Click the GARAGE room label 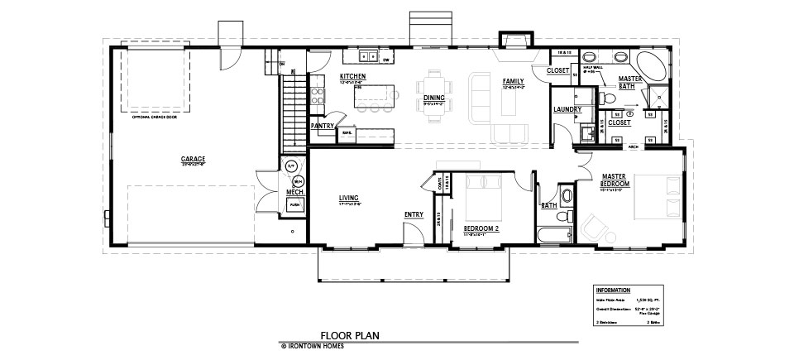194,158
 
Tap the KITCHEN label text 352,76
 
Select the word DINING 434,98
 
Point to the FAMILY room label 514,81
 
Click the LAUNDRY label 567,109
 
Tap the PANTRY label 322,126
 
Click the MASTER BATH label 631,81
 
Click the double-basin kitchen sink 369,57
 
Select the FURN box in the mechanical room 294,202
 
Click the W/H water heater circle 299,180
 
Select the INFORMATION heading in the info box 613,290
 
